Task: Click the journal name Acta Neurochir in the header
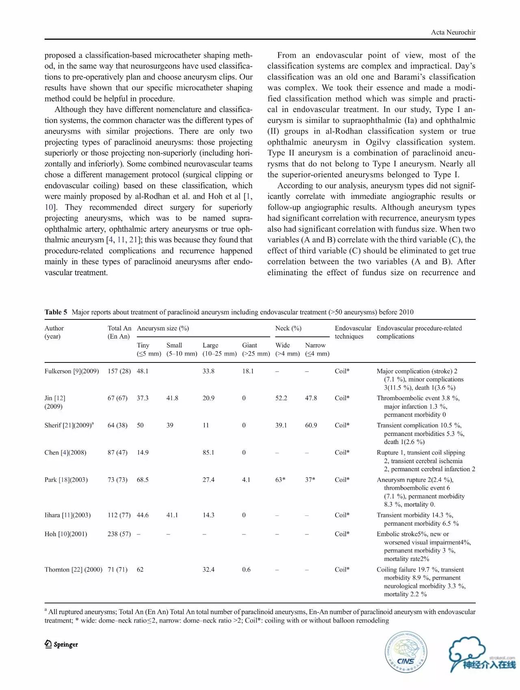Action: (x=453, y=32)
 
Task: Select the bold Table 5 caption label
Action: (x=56, y=312)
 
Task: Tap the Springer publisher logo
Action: (x=61, y=644)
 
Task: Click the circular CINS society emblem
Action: (x=406, y=652)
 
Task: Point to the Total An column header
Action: (x=119, y=332)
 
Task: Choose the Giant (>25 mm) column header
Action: (x=256, y=349)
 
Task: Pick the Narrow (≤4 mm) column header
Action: (x=317, y=349)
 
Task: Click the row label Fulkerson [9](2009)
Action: (x=71, y=371)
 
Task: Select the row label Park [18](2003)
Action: (x=66, y=480)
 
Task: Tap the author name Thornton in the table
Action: (x=57, y=569)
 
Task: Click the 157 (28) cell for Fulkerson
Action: (x=119, y=371)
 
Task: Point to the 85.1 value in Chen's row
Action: (x=208, y=453)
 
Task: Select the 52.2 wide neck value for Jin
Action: (x=281, y=398)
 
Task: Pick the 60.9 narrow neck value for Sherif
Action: (x=311, y=425)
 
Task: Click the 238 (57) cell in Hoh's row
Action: (x=119, y=534)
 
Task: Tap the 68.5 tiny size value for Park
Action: (x=143, y=480)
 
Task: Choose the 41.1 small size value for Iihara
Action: (x=172, y=515)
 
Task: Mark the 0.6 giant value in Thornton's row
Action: (x=246, y=569)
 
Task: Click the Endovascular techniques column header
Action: (x=353, y=332)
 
